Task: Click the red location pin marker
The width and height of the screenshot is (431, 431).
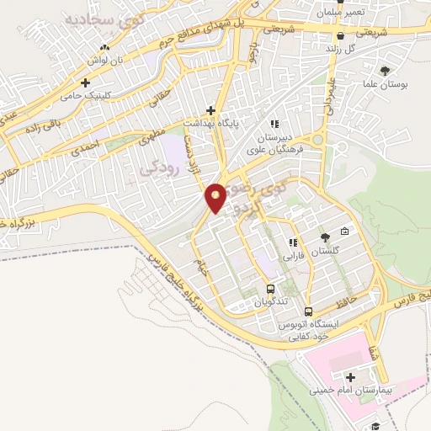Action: pos(215,197)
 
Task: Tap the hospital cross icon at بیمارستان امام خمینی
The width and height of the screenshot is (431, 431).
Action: pos(350,376)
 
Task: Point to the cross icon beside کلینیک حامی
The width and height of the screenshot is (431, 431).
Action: pos(86,82)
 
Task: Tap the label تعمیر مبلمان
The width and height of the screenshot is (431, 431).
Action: pos(317,14)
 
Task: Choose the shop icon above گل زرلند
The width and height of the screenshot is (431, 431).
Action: pos(339,36)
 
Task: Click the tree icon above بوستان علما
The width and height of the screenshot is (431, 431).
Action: pos(386,71)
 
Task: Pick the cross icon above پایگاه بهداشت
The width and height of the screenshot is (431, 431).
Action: pos(210,110)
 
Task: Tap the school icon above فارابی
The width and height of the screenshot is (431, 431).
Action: pos(291,242)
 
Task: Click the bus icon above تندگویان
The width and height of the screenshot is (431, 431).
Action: pos(270,290)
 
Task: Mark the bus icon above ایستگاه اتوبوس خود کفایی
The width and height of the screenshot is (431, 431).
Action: pos(309,311)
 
